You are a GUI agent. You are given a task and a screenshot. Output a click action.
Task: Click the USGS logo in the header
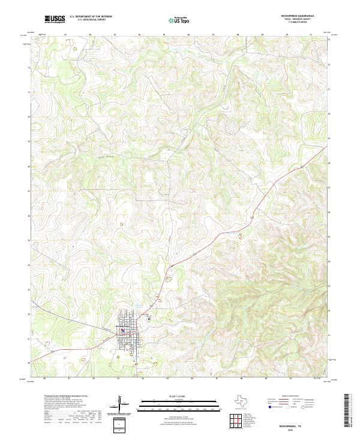(x=55, y=20)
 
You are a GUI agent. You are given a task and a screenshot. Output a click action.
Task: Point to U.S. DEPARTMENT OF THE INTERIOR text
(x=91, y=17)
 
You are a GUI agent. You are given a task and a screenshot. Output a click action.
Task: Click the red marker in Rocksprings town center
(x=122, y=329)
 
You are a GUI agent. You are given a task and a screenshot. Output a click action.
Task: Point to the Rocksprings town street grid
(x=127, y=333)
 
